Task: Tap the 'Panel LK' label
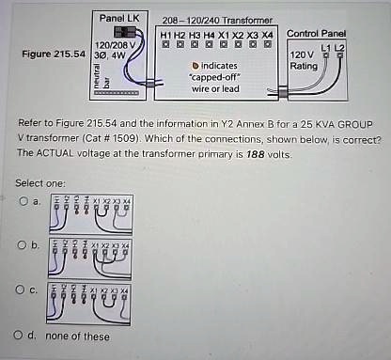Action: coord(120,19)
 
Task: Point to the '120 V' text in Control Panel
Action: coord(305,55)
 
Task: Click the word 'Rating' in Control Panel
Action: coord(305,66)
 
